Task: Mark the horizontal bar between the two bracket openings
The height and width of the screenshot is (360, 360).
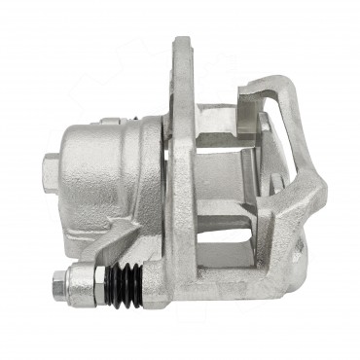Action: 229,234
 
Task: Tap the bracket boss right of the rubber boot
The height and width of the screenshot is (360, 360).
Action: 161,282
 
